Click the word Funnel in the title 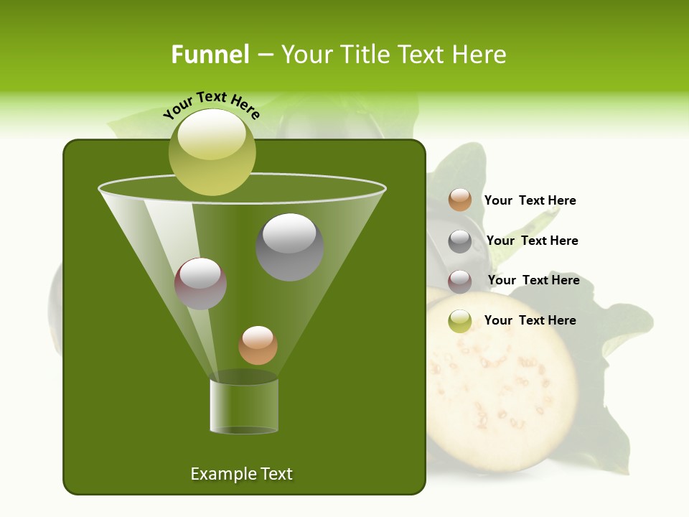[x=210, y=55]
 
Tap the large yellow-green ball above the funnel [x=212, y=152]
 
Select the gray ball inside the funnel [x=290, y=246]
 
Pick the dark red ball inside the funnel [x=201, y=284]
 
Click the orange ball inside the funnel [x=258, y=345]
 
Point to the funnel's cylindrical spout [x=244, y=406]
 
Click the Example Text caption [x=241, y=474]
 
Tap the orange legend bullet [x=460, y=200]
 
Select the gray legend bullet [x=460, y=241]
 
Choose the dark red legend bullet [x=460, y=281]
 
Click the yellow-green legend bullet [x=460, y=321]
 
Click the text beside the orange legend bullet [x=530, y=200]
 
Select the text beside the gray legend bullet [x=532, y=241]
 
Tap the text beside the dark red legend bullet [x=533, y=280]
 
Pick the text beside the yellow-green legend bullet [x=530, y=320]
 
